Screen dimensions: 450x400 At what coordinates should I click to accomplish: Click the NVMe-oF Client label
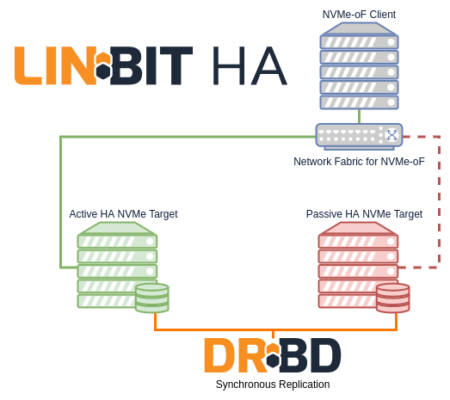pyautogui.click(x=359, y=15)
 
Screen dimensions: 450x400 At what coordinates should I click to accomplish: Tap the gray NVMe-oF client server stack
pyautogui.click(x=359, y=66)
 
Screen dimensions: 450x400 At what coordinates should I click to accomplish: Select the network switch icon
pyautogui.click(x=359, y=137)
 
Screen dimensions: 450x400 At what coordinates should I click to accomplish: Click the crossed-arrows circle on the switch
pyautogui.click(x=391, y=135)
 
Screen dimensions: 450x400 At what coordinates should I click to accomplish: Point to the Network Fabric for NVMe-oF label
pyautogui.click(x=359, y=162)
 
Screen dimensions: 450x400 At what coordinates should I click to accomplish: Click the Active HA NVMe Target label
pyautogui.click(x=123, y=214)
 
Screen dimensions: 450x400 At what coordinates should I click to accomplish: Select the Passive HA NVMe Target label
pyautogui.click(x=364, y=214)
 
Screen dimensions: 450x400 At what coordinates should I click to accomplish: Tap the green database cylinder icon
pyautogui.click(x=152, y=298)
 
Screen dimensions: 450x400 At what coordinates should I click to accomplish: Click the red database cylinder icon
pyautogui.click(x=393, y=298)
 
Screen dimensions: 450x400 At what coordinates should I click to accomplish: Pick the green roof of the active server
pyautogui.click(x=117, y=228)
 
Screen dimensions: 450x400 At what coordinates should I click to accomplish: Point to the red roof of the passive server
pyautogui.click(x=358, y=228)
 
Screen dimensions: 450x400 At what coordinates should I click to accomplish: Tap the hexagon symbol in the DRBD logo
pyautogui.click(x=274, y=355)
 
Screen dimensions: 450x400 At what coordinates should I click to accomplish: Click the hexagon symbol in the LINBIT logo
pyautogui.click(x=103, y=65)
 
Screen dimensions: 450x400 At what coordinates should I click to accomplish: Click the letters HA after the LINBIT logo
pyautogui.click(x=250, y=65)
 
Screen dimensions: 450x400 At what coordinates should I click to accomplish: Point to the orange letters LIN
pyautogui.click(x=55, y=65)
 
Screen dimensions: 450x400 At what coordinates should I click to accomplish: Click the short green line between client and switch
pyautogui.click(x=359, y=116)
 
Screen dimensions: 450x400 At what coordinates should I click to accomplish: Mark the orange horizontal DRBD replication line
pyautogui.click(x=275, y=330)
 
